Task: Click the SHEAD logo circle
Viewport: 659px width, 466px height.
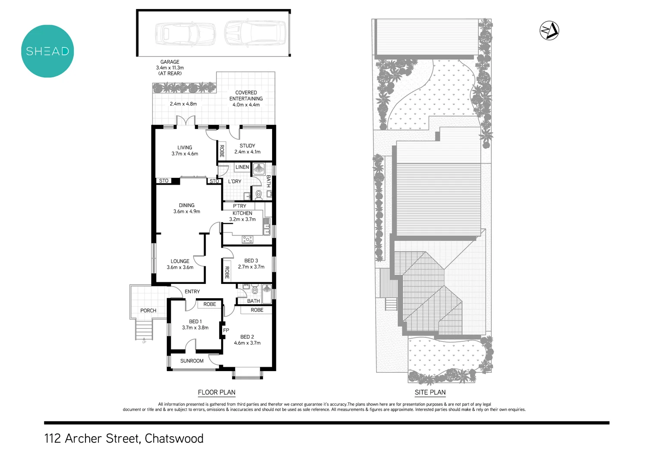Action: tap(47, 51)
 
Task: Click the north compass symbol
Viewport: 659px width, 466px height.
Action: tap(549, 31)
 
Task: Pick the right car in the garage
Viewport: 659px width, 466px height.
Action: tap(255, 33)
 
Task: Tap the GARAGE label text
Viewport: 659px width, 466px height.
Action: tap(170, 62)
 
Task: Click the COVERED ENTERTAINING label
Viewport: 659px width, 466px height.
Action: tap(246, 95)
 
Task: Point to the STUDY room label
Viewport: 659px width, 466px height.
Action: tap(247, 146)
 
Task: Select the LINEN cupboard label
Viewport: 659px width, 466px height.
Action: tap(242, 167)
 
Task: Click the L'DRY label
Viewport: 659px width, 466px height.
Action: tap(235, 182)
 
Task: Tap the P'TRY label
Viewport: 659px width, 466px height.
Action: tap(239, 206)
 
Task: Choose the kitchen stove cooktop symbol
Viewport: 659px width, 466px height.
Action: tap(248, 239)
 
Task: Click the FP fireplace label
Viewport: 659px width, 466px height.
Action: tap(226, 331)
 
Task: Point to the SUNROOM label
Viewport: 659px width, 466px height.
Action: tap(192, 361)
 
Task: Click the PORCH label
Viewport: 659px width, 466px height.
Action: tap(148, 311)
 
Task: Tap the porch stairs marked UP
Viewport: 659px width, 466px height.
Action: tap(144, 331)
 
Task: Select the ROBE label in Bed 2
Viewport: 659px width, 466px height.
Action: tap(257, 310)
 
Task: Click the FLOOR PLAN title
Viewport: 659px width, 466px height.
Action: tap(217, 392)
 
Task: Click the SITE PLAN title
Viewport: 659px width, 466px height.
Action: tap(430, 392)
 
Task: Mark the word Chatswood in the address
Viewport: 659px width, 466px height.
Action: tap(174, 438)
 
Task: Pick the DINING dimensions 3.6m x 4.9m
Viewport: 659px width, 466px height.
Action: tap(187, 211)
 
